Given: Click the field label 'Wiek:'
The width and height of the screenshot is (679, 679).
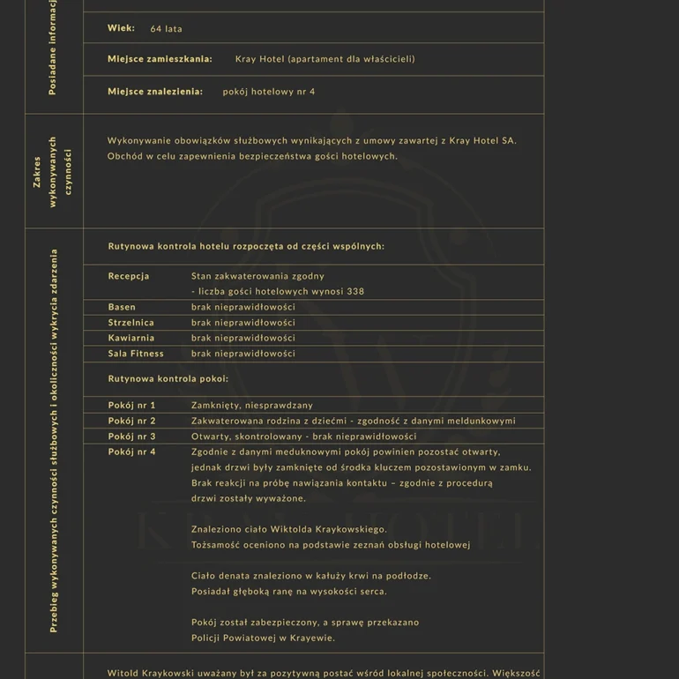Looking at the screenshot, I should click(x=121, y=28).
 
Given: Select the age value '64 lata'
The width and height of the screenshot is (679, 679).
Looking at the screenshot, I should click(x=166, y=29).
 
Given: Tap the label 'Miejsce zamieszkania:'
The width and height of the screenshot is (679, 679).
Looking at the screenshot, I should click(x=160, y=59).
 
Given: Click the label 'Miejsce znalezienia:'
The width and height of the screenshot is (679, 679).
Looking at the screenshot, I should click(x=155, y=92).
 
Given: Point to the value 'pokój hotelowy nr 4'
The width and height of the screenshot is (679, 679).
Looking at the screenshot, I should click(x=268, y=92).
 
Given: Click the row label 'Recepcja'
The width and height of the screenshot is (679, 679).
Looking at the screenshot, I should click(x=129, y=276).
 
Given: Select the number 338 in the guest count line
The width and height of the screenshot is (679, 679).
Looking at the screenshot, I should click(x=355, y=291).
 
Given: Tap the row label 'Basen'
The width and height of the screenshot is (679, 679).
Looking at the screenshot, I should click(x=122, y=307).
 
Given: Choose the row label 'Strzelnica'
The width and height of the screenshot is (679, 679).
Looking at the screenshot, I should click(x=131, y=323).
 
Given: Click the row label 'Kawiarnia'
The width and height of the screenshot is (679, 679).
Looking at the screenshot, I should click(x=131, y=338).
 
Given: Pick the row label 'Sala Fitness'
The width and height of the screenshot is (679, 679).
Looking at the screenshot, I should click(x=136, y=354).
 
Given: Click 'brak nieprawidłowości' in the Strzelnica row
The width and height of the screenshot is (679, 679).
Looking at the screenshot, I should click(x=242, y=323).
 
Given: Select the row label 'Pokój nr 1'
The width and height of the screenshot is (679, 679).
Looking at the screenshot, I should click(x=131, y=405).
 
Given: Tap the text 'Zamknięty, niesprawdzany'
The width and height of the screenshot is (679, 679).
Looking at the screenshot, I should click(x=251, y=405).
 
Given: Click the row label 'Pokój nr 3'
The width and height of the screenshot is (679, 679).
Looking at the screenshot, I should click(x=131, y=436).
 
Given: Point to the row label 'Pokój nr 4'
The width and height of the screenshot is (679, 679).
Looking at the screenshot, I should click(x=131, y=451).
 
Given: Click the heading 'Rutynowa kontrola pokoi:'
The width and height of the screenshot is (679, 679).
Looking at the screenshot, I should click(x=168, y=378).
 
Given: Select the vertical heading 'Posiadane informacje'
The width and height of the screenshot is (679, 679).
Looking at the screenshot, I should click(x=54, y=48).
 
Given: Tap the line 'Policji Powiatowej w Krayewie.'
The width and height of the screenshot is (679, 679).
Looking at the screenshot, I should click(x=263, y=638).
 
